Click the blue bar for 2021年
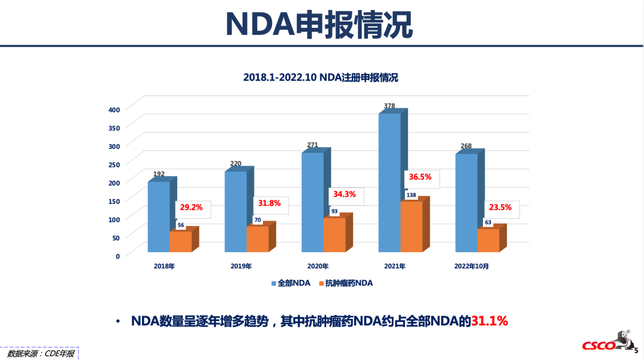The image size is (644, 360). point(389,182)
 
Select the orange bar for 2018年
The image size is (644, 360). point(181,241)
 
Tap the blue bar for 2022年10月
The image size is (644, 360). point(466,203)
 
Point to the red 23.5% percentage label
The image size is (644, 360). point(500,208)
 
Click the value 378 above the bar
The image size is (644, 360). point(389,106)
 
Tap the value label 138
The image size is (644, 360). point(411,195)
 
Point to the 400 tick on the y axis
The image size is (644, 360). point(114,109)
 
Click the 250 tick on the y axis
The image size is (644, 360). point(114,164)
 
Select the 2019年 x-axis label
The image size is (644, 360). point(241,266)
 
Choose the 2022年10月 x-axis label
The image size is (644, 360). point(472,266)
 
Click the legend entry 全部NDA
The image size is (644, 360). point(290,284)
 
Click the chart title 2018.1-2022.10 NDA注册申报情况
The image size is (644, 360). point(320,77)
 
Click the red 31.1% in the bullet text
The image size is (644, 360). point(490,321)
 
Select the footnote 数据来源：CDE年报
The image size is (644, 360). point(41,353)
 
